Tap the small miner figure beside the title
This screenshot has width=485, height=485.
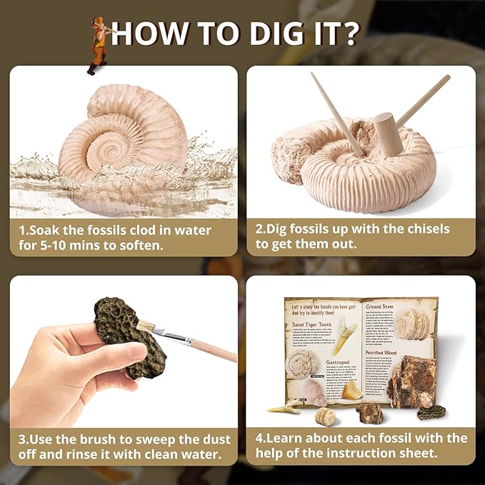(97, 44)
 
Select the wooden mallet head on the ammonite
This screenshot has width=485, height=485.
(389, 134)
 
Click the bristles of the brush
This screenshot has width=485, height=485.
(146, 326)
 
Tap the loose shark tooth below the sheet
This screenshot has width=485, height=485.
(285, 408)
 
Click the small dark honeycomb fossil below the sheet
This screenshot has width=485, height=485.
(431, 412)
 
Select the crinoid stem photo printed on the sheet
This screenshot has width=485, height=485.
(414, 325)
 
